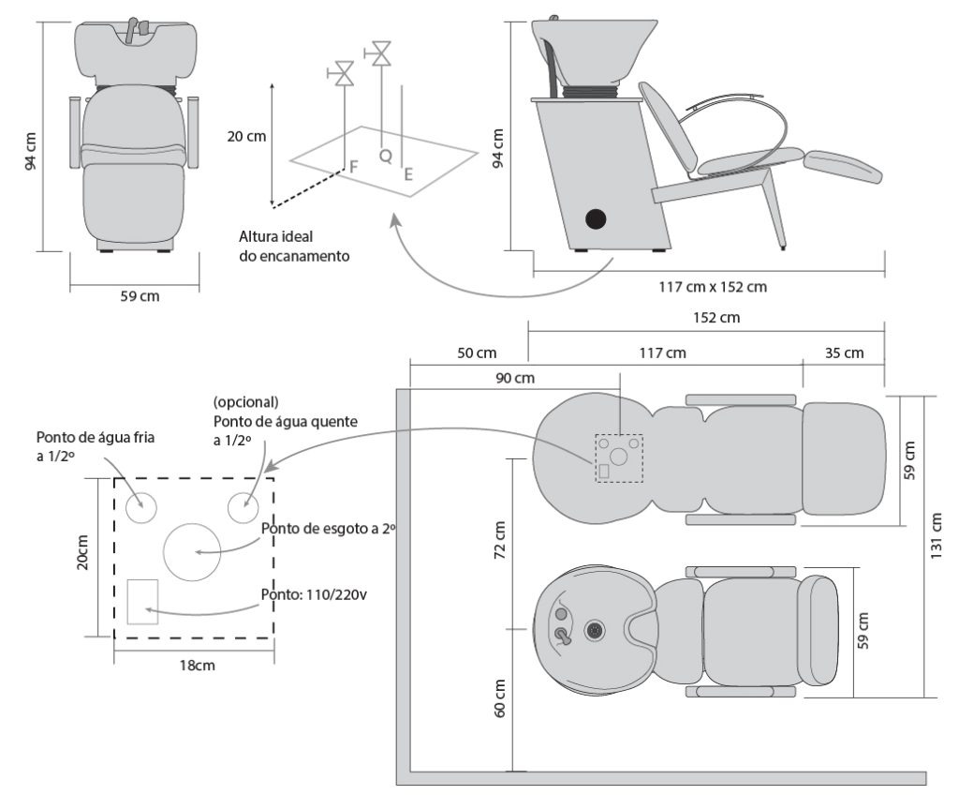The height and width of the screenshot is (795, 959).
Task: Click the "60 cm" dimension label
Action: point(499,697)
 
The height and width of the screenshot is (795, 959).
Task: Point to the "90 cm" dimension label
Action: point(514,378)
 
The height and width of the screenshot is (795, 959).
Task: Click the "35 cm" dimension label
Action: point(845,353)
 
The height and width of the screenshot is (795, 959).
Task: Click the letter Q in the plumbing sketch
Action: point(385,157)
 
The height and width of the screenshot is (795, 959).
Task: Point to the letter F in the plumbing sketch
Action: point(354,167)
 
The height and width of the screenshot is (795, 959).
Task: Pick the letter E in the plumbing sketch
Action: point(408,173)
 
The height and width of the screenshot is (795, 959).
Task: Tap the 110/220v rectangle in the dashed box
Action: point(142,601)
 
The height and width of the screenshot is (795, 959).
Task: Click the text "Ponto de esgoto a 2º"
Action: point(329,530)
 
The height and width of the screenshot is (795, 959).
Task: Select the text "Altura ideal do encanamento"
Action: point(294,247)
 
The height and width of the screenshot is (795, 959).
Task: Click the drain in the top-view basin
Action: point(592,630)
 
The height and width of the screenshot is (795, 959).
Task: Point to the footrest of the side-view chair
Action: point(843,165)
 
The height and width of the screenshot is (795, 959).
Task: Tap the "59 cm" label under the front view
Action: point(140,297)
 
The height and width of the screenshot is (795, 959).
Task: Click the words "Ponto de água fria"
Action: point(101,438)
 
